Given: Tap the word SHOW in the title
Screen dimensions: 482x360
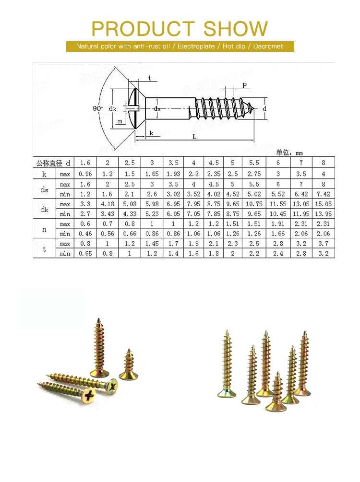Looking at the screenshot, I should coord(236,29).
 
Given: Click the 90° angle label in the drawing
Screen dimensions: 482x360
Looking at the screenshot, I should coord(97,108).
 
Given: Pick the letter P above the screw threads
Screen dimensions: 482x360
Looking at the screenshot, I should coord(244,85).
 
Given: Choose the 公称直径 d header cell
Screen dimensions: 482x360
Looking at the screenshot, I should coord(54,163).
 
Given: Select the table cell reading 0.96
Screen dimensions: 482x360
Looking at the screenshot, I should coord(85,174).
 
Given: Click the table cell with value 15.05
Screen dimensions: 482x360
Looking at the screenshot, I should coord(323,204).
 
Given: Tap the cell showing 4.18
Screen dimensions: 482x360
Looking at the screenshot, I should coord(108,204).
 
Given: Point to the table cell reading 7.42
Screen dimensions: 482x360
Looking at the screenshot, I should coord(323,194).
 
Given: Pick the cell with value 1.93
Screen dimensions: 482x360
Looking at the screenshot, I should coord(173,174).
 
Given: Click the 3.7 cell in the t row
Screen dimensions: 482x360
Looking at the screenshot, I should coord(323,244).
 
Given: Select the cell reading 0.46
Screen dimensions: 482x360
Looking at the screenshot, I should coord(85,234).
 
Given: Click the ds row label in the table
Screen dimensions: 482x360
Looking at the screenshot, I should coord(44,189).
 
